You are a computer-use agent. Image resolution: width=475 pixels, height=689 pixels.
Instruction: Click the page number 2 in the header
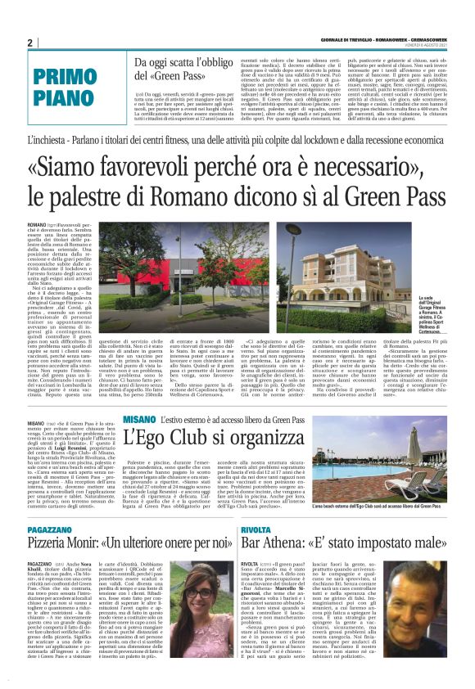pyautogui.click(x=29, y=43)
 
